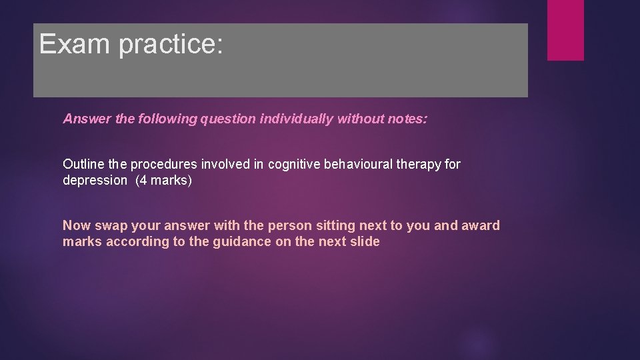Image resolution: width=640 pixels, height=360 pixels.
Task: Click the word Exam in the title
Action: pyautogui.click(x=75, y=43)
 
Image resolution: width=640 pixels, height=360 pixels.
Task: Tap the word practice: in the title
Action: pyautogui.click(x=171, y=45)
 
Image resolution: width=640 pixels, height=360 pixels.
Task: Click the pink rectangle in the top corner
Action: pyautogui.click(x=565, y=29)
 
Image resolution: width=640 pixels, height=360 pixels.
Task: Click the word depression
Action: pyautogui.click(x=95, y=181)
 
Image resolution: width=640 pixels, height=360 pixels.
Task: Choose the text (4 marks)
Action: pyautogui.click(x=163, y=181)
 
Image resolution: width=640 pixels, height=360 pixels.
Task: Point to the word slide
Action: pyautogui.click(x=364, y=241)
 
